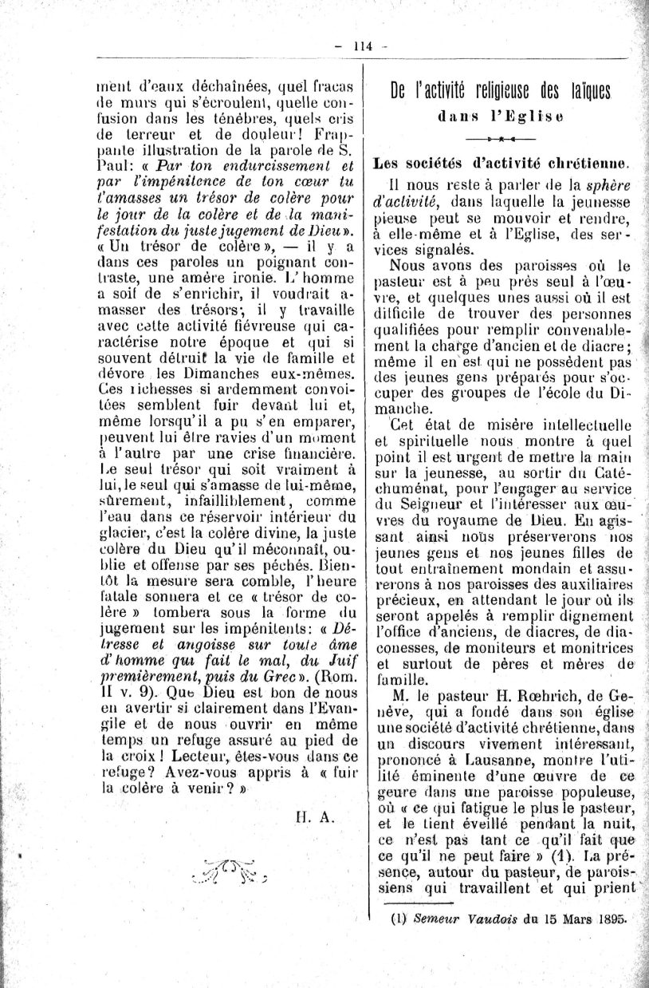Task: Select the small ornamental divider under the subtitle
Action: (x=501, y=140)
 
